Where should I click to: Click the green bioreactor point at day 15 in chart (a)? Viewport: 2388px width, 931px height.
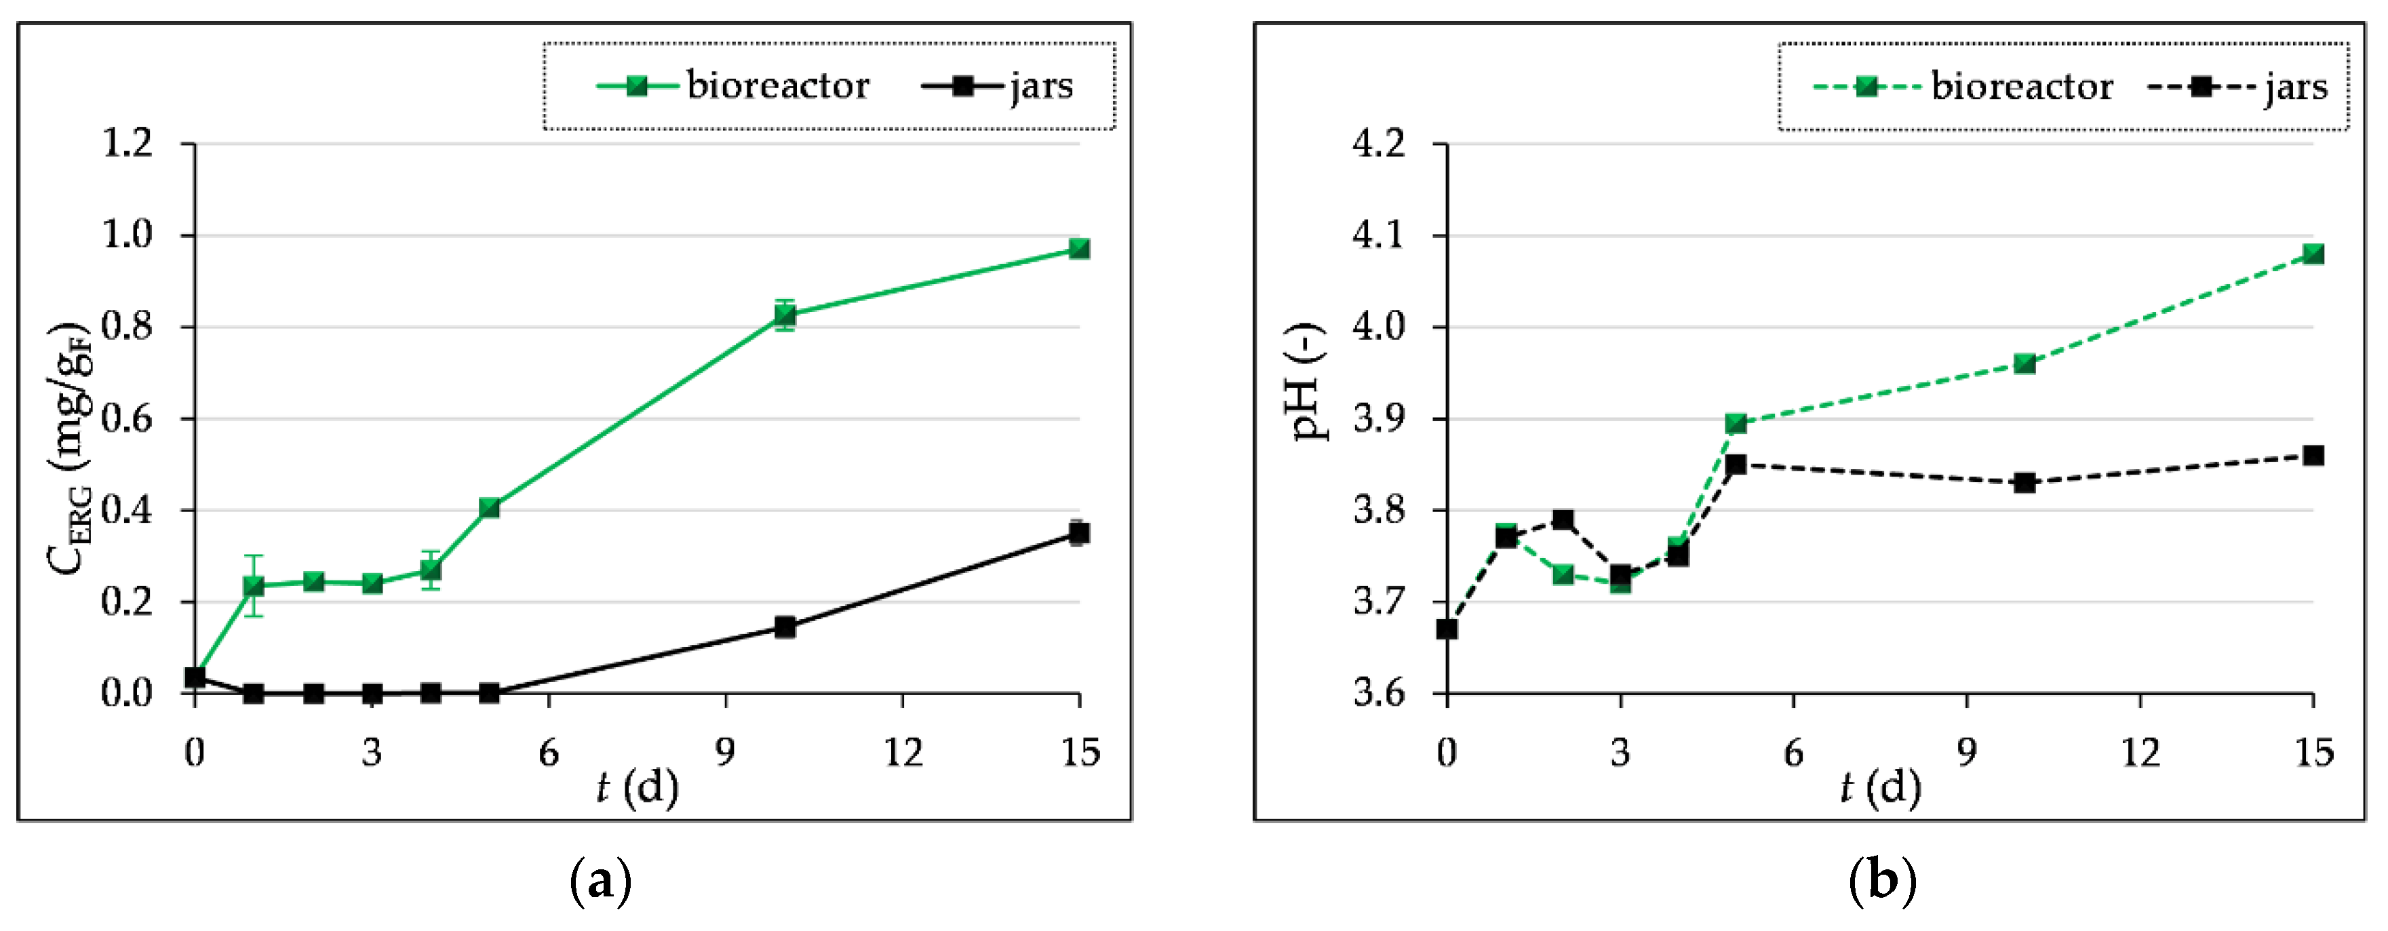pos(1079,248)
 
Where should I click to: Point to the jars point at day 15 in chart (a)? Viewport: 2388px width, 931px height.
pos(1079,533)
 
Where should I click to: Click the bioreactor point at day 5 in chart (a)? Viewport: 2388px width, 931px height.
pos(490,508)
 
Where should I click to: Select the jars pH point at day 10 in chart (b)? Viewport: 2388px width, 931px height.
pos(2024,483)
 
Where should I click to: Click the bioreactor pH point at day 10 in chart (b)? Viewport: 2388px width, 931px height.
pos(2024,363)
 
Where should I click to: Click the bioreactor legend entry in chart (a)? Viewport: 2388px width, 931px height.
pos(732,86)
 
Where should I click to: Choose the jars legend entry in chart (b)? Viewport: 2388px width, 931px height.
pos(2238,87)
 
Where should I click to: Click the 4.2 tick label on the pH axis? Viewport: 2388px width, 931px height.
pos(1379,144)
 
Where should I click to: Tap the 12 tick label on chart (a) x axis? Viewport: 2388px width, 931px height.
pos(903,752)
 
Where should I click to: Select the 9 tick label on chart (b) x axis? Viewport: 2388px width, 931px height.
pos(1967,752)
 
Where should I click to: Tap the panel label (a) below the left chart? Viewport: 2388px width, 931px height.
pos(601,880)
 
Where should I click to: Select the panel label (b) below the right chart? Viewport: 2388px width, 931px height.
pos(1882,880)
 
